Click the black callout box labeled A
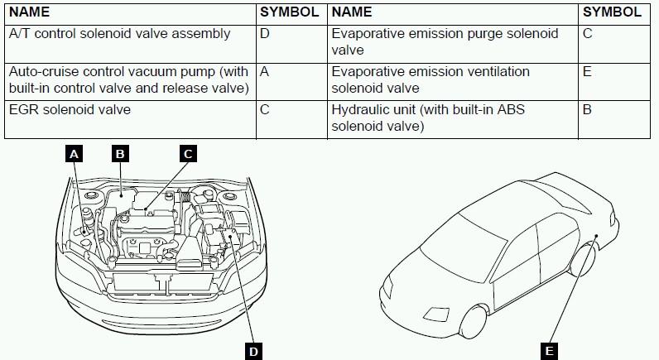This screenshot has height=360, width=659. (x=75, y=154)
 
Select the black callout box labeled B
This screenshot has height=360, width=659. (x=119, y=154)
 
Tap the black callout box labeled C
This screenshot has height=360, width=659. (x=188, y=154)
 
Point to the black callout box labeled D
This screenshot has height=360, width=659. (x=254, y=351)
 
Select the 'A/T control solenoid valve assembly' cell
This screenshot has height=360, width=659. (x=131, y=35)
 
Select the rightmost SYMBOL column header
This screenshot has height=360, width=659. (x=612, y=12)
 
